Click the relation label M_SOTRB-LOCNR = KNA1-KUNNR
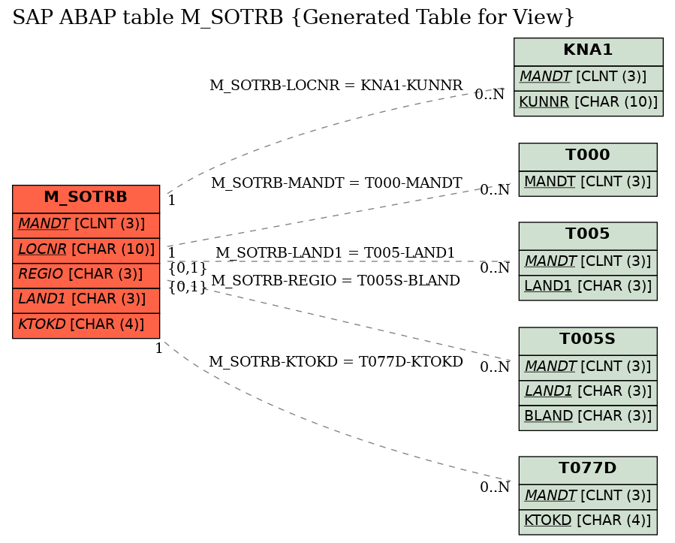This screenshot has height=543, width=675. click(x=336, y=86)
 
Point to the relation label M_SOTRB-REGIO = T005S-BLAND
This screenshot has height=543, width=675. click(x=336, y=280)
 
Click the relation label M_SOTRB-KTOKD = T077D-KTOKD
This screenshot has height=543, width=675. click(x=336, y=362)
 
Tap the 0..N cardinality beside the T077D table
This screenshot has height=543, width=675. click(x=495, y=487)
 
